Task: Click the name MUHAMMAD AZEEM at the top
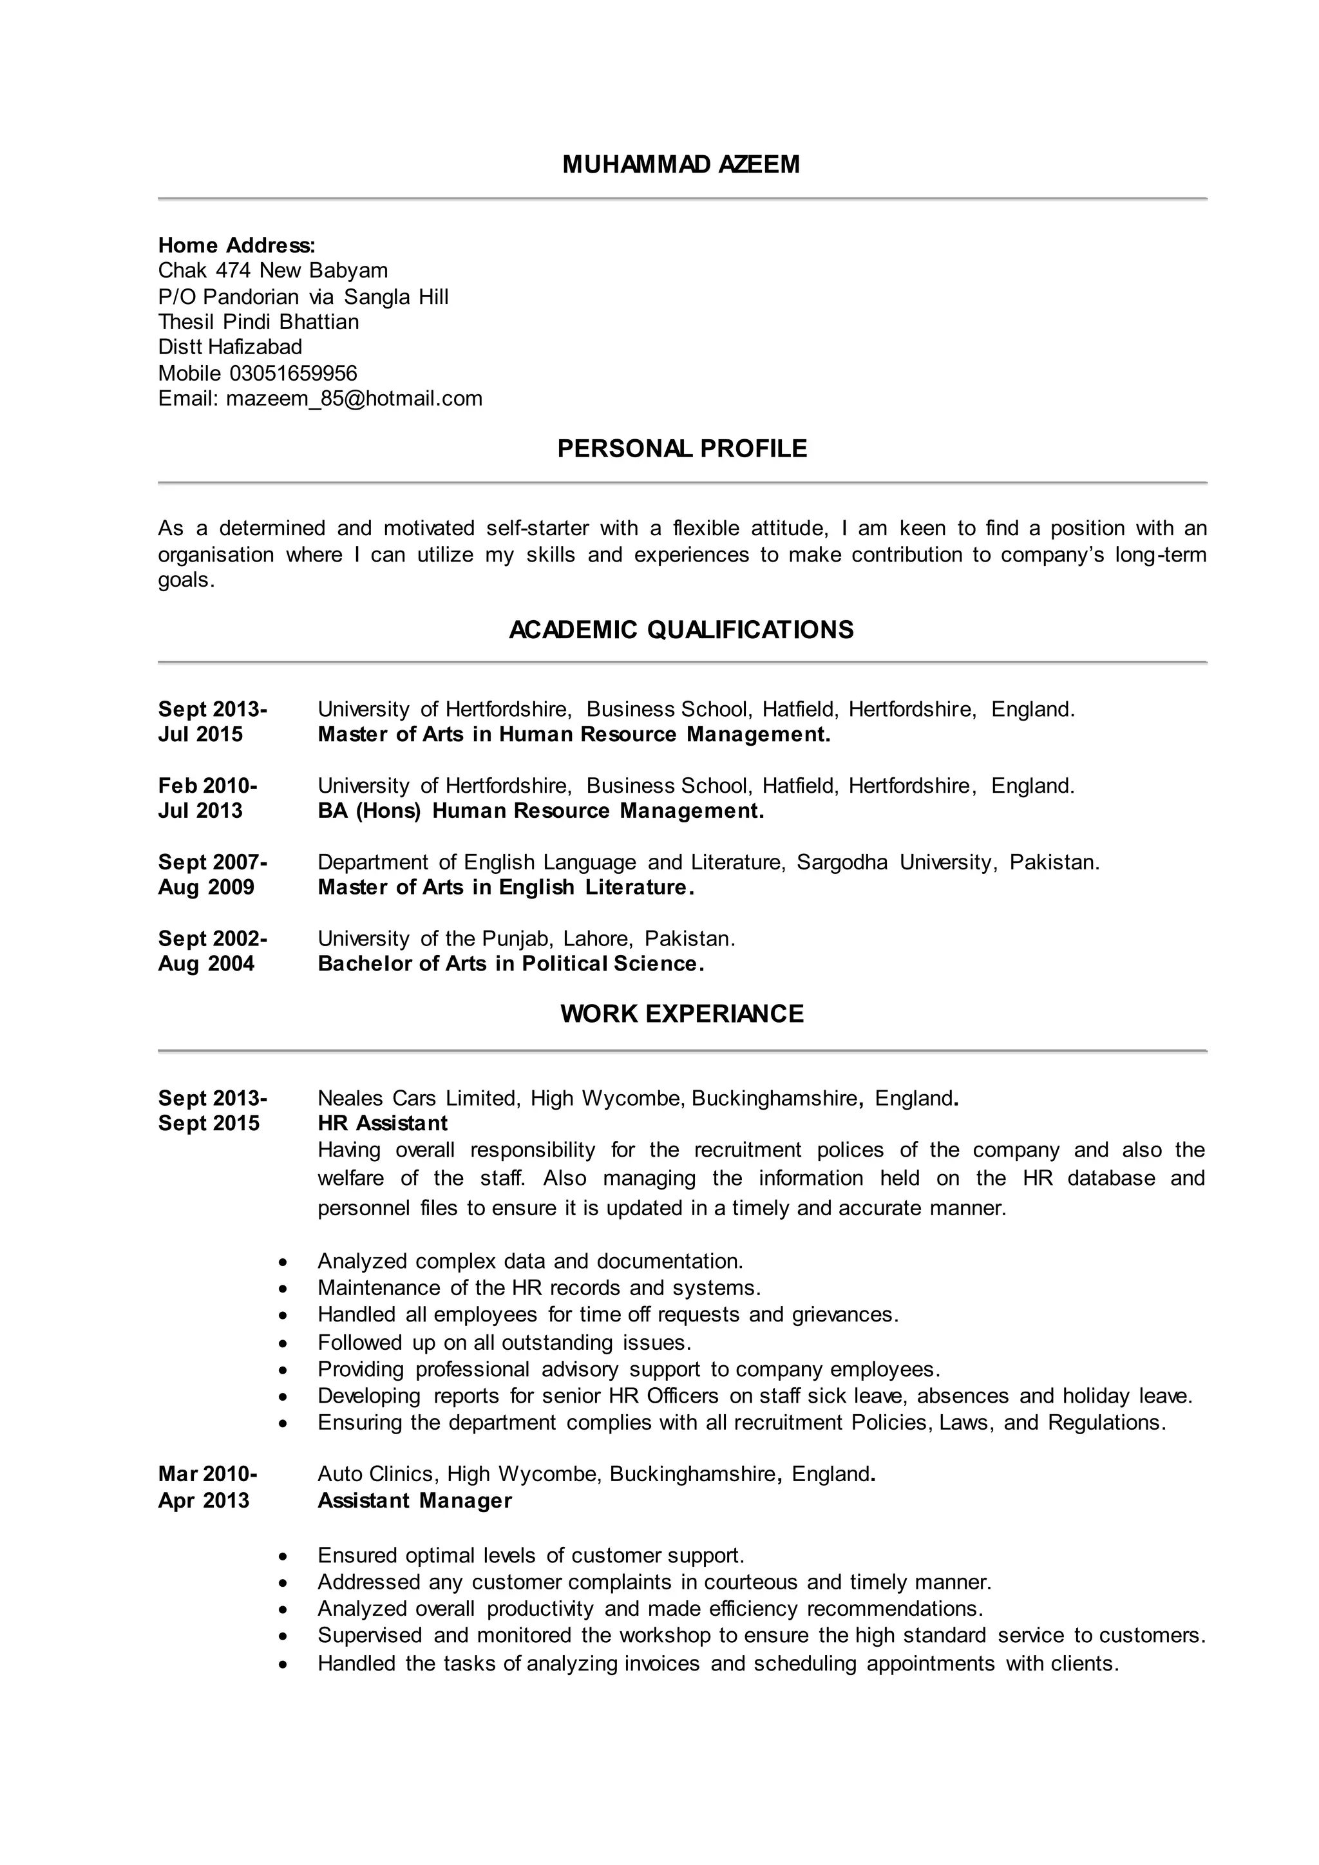click(x=681, y=165)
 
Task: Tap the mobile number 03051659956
click(x=293, y=373)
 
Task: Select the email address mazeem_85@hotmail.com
click(x=354, y=398)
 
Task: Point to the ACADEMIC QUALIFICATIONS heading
click(x=681, y=630)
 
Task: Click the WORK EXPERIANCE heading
click(x=681, y=1014)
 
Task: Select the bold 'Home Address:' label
click(x=236, y=245)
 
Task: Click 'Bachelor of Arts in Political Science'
click(x=510, y=963)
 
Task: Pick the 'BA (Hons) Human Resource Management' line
click(x=540, y=811)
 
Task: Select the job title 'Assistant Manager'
click(x=414, y=1501)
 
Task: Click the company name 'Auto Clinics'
click(x=376, y=1474)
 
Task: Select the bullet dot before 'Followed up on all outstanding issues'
click(x=283, y=1343)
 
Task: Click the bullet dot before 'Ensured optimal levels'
click(x=283, y=1557)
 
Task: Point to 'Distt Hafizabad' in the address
click(x=230, y=347)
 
